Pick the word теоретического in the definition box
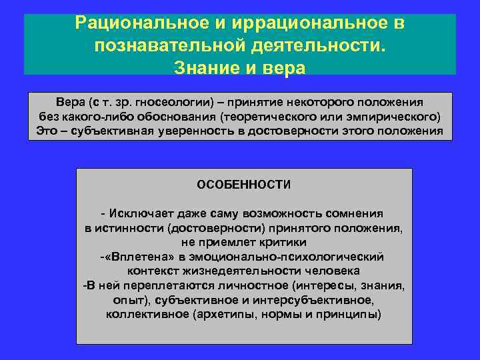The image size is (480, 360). click(x=266, y=117)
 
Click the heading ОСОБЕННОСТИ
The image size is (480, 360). click(x=243, y=183)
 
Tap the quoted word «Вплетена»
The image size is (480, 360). click(x=130, y=257)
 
